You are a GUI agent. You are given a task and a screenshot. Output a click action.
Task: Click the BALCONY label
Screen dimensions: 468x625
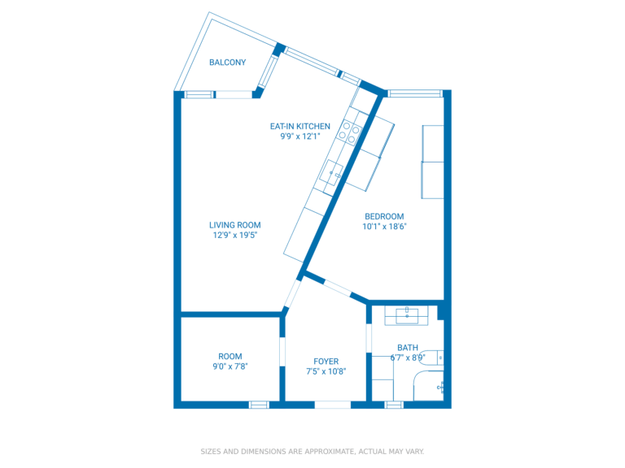pos(227,63)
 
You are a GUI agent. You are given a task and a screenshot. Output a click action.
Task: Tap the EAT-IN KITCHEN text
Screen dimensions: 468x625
pos(300,126)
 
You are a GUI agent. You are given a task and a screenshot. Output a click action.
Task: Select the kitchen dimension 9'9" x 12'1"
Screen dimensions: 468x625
pos(300,136)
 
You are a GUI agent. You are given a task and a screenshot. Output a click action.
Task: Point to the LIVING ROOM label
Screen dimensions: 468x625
pos(234,225)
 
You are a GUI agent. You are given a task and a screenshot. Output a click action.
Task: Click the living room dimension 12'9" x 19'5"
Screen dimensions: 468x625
pos(234,236)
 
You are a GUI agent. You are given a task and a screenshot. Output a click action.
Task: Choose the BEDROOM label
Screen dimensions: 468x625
pos(384,216)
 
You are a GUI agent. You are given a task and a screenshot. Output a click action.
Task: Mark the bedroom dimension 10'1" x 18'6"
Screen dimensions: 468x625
pos(384,227)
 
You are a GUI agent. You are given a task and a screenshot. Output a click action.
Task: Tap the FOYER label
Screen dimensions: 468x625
pos(326,362)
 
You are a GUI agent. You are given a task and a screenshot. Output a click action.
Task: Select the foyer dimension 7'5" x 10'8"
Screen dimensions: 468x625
pos(326,372)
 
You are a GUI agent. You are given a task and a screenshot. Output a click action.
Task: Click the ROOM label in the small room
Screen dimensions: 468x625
pos(230,356)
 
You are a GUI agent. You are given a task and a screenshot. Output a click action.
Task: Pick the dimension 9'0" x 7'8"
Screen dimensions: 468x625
pos(230,366)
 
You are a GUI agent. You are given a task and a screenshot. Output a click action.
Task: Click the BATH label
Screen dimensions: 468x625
pos(408,348)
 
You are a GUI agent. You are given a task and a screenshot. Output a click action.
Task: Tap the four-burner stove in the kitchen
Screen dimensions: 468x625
pos(351,132)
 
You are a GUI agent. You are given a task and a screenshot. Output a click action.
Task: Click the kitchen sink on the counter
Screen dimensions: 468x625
pos(334,174)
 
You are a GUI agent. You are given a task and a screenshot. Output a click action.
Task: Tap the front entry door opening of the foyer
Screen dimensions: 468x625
pos(332,404)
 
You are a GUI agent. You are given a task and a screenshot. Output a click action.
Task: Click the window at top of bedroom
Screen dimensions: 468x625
pos(414,93)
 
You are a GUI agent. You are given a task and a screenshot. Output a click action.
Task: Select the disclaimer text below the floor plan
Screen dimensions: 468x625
pos(312,451)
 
